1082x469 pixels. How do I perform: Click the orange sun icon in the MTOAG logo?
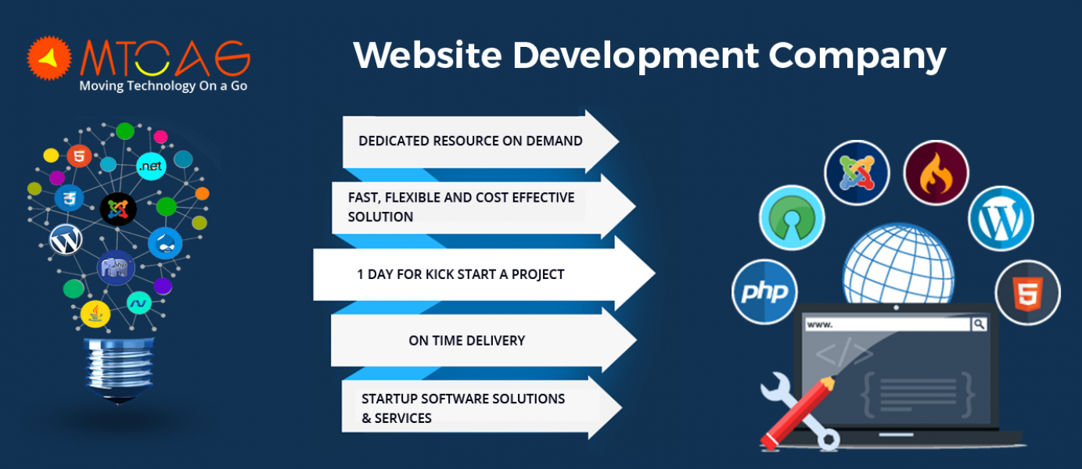click(x=49, y=58)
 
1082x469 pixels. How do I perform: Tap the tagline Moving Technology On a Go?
click(x=164, y=86)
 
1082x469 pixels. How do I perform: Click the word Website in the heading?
click(x=427, y=55)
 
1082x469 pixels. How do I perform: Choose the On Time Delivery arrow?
click(x=483, y=340)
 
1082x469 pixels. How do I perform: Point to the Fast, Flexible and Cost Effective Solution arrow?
click(x=483, y=207)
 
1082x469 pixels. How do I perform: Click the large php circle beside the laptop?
click(x=764, y=292)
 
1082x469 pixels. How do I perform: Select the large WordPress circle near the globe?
click(x=1001, y=219)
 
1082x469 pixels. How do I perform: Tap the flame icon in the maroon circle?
click(x=936, y=173)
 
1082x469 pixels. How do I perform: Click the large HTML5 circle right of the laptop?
click(x=1027, y=293)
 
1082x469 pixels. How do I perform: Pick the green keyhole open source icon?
click(x=792, y=218)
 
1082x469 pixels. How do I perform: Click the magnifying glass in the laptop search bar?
click(x=979, y=324)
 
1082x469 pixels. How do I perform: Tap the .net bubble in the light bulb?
click(x=151, y=166)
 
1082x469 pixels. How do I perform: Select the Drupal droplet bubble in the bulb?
click(x=165, y=244)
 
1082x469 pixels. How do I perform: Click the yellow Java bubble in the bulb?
click(x=95, y=313)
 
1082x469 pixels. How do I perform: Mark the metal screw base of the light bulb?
click(x=120, y=370)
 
